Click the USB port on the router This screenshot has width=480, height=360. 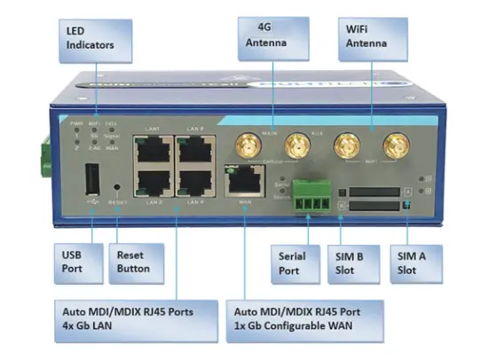pos(91,181)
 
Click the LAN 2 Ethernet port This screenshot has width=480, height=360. pos(148,184)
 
